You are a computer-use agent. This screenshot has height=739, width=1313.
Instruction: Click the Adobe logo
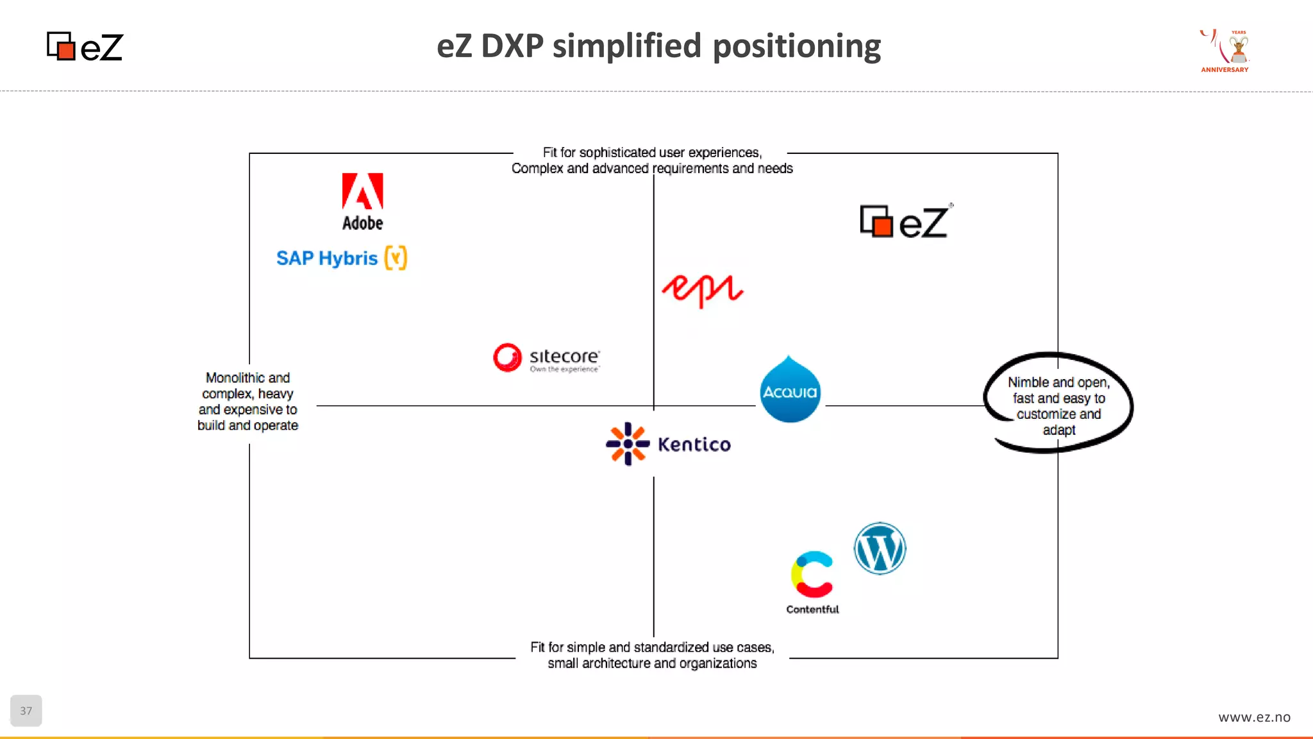coord(362,201)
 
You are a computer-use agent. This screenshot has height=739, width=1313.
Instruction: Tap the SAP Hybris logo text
coord(327,258)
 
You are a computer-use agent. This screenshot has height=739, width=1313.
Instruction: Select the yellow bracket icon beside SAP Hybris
coord(396,258)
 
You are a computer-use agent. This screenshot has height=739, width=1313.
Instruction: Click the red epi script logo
coord(702,290)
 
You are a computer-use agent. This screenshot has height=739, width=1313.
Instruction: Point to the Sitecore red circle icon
coord(507,357)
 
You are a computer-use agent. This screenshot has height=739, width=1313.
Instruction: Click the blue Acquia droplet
coord(790,389)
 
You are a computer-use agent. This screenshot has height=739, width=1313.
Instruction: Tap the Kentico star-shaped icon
coord(627,444)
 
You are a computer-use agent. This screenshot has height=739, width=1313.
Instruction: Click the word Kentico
coord(694,445)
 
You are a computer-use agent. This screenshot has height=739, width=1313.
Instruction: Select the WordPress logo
coord(880,548)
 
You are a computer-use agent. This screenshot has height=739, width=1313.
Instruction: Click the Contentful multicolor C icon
coord(812,574)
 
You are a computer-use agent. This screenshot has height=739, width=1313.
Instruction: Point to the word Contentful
coord(812,609)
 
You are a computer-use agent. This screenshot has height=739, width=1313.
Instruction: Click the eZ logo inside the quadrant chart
coord(905,221)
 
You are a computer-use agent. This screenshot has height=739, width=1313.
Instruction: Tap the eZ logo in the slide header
coord(85,47)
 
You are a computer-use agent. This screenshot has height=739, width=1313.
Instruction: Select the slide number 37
coord(26,711)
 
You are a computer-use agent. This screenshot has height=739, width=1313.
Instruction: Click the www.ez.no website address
coord(1254,717)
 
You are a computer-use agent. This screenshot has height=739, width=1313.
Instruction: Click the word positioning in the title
coord(796,46)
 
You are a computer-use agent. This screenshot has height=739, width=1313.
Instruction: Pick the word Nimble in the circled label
coord(1028,382)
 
